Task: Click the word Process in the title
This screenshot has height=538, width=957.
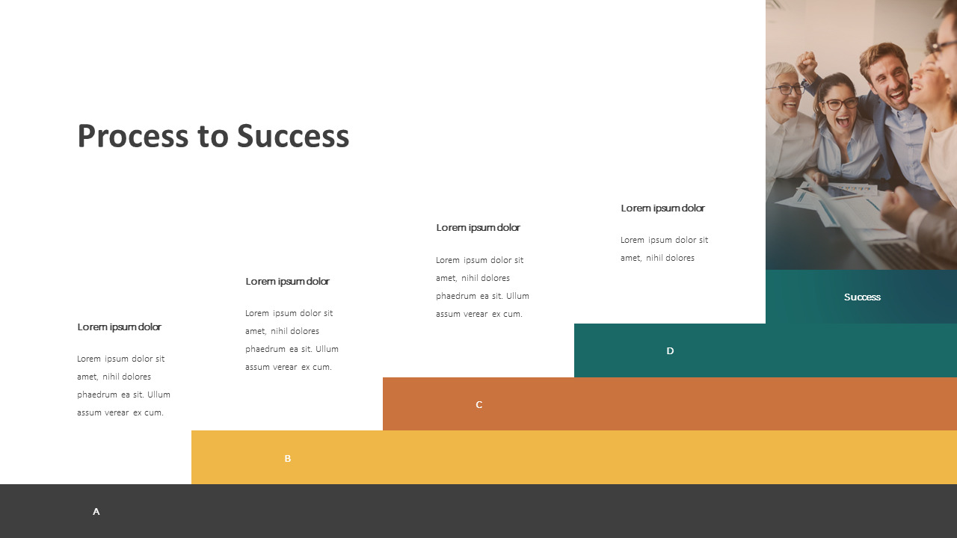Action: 132,137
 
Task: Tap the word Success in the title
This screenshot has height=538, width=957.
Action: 293,137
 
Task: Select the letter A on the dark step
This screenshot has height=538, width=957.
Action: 96,512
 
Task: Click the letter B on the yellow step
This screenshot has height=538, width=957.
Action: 287,459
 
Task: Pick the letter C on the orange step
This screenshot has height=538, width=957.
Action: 479,405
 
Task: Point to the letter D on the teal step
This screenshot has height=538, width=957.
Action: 670,351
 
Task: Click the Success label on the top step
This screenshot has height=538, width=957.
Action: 862,297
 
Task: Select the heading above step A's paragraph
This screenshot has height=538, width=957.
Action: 119,327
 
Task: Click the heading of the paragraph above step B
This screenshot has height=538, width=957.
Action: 287,282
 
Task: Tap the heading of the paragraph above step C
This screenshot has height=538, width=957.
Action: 478,228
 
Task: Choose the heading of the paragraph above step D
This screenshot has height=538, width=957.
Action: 662,208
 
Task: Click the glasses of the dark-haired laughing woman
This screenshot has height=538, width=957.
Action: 839,103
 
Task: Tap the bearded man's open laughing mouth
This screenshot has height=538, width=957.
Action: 895,94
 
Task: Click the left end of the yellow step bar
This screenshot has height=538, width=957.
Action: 202,457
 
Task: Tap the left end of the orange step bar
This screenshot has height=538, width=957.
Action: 393,404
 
